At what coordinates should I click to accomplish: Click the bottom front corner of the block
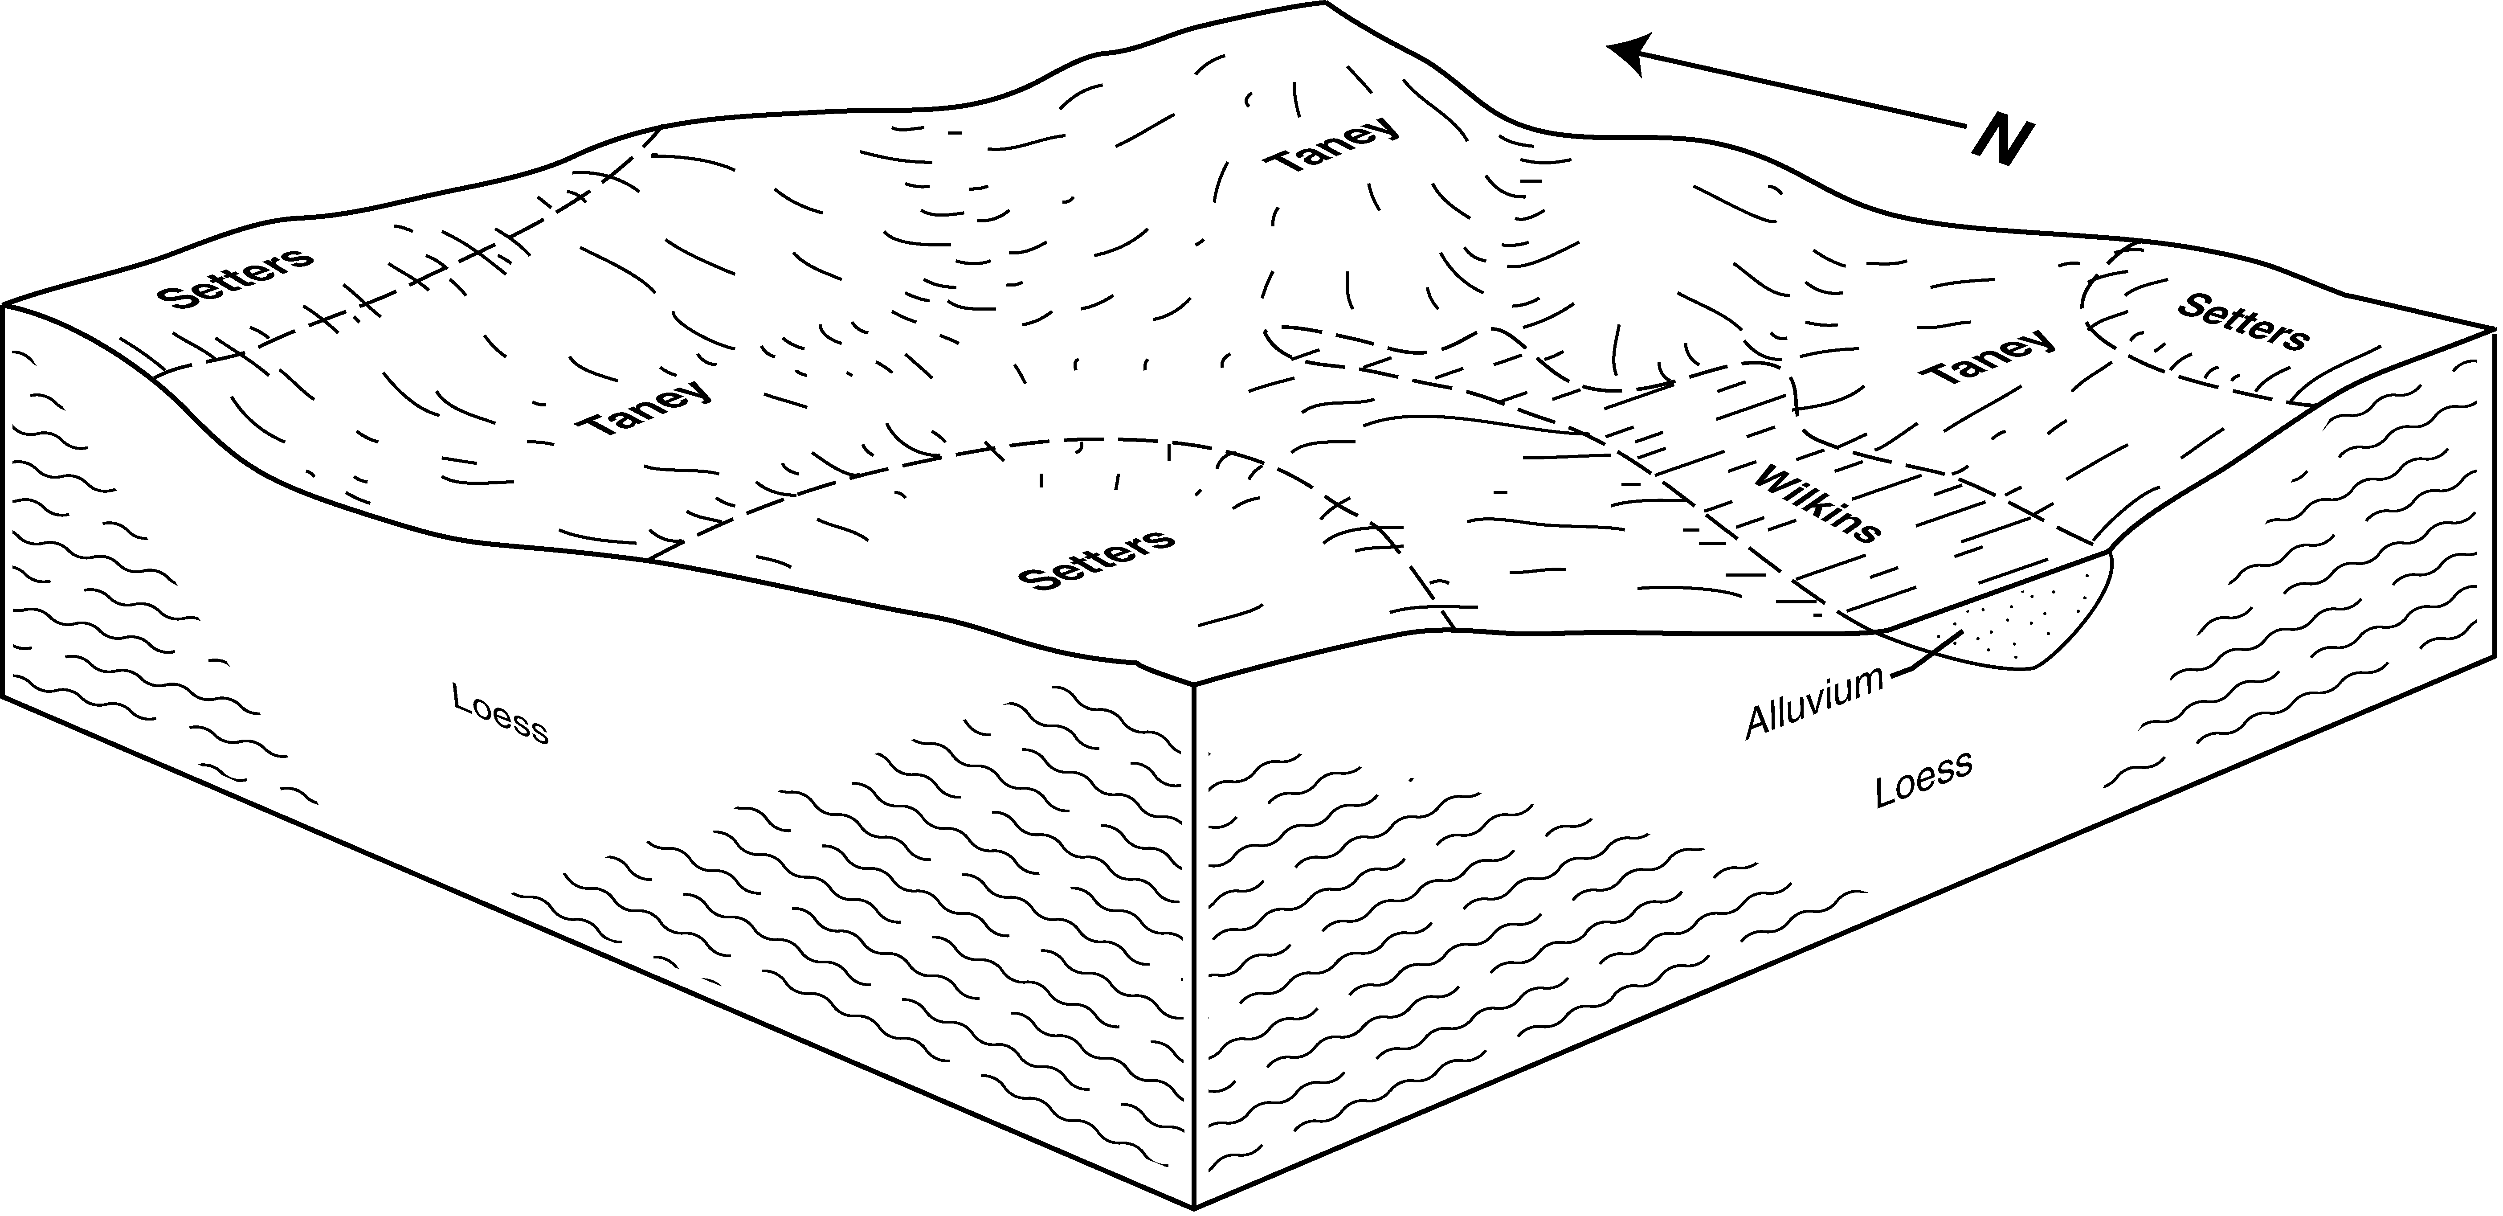point(1194,1208)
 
